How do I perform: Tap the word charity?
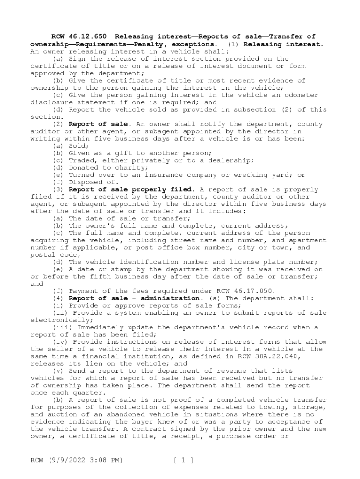(x=133, y=167)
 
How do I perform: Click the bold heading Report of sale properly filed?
(x=131, y=189)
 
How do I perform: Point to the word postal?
(x=42, y=255)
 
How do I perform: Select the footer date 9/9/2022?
(x=72, y=460)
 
